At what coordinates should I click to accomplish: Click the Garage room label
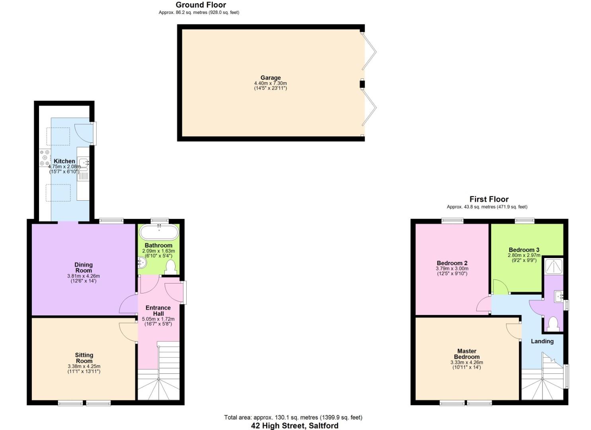270,78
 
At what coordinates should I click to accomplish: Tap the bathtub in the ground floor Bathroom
159,232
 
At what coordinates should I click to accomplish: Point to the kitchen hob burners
44,158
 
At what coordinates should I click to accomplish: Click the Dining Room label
84,267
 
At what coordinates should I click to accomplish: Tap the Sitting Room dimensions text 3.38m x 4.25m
84,366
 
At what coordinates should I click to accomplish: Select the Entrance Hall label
158,311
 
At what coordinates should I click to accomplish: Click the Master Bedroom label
467,354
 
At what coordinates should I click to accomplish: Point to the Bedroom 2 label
452,263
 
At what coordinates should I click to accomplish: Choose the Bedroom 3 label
524,250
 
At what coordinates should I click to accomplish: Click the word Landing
542,341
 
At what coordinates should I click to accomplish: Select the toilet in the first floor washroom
553,324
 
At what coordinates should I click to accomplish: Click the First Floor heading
489,199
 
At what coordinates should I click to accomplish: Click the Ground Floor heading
201,5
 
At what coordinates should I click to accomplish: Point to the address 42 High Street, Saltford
295,426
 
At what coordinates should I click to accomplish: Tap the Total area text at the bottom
293,417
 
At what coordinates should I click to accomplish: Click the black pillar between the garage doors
362,84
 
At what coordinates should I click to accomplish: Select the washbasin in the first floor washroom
559,296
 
